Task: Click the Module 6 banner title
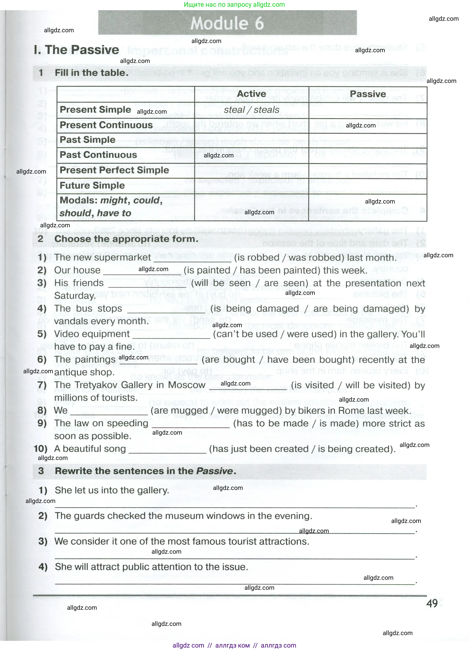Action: (227, 23)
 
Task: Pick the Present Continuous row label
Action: (106, 125)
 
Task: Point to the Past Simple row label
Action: (87, 140)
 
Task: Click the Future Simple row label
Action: (92, 185)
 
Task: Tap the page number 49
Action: (432, 603)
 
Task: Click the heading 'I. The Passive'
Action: (76, 50)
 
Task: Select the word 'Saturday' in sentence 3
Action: (74, 296)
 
